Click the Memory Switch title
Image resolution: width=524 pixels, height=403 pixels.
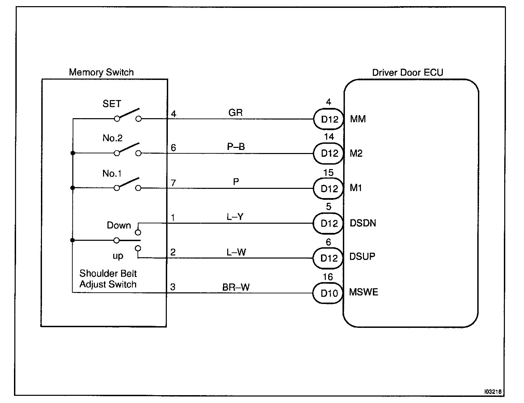(101, 72)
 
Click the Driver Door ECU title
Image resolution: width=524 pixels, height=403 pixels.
(407, 72)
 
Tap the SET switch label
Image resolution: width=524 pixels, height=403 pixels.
(112, 104)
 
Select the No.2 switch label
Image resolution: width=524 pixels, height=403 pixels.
(113, 138)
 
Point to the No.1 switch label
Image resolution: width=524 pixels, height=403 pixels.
(112, 173)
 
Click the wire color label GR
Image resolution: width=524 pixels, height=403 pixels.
(235, 113)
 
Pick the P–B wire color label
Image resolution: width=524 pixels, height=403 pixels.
(236, 147)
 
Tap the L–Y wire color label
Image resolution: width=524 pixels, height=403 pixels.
(235, 217)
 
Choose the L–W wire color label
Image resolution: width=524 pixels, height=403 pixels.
(236, 252)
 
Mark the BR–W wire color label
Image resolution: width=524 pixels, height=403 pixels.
(236, 288)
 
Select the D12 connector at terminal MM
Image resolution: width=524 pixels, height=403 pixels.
(329, 119)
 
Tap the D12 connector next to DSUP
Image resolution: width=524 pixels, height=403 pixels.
(329, 258)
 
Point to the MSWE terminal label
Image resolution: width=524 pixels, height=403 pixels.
(364, 292)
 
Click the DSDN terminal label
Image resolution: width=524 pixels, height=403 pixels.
(363, 223)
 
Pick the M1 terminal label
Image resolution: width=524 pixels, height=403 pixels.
(356, 188)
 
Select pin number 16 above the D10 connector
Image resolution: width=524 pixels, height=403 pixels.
(328, 277)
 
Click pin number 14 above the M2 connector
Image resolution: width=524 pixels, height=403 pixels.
(329, 137)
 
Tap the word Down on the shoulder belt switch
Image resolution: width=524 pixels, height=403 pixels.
(119, 225)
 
